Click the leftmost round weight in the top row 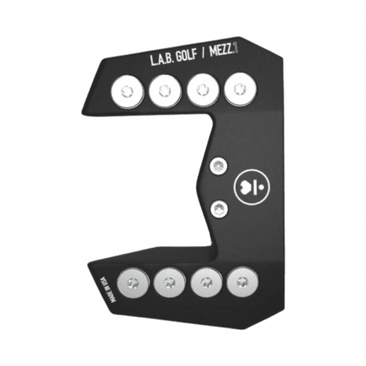pyautogui.click(x=126, y=91)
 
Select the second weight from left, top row pyautogui.click(x=163, y=90)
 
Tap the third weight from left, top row pyautogui.click(x=201, y=89)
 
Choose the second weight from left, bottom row pyautogui.click(x=169, y=282)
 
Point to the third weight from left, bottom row pyautogui.click(x=206, y=282)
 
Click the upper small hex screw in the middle pyautogui.click(x=219, y=166)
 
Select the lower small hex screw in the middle pyautogui.click(x=220, y=208)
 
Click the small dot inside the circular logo pyautogui.click(x=259, y=188)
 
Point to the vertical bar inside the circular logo pyautogui.click(x=253, y=188)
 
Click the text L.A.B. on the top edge pyautogui.click(x=165, y=61)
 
